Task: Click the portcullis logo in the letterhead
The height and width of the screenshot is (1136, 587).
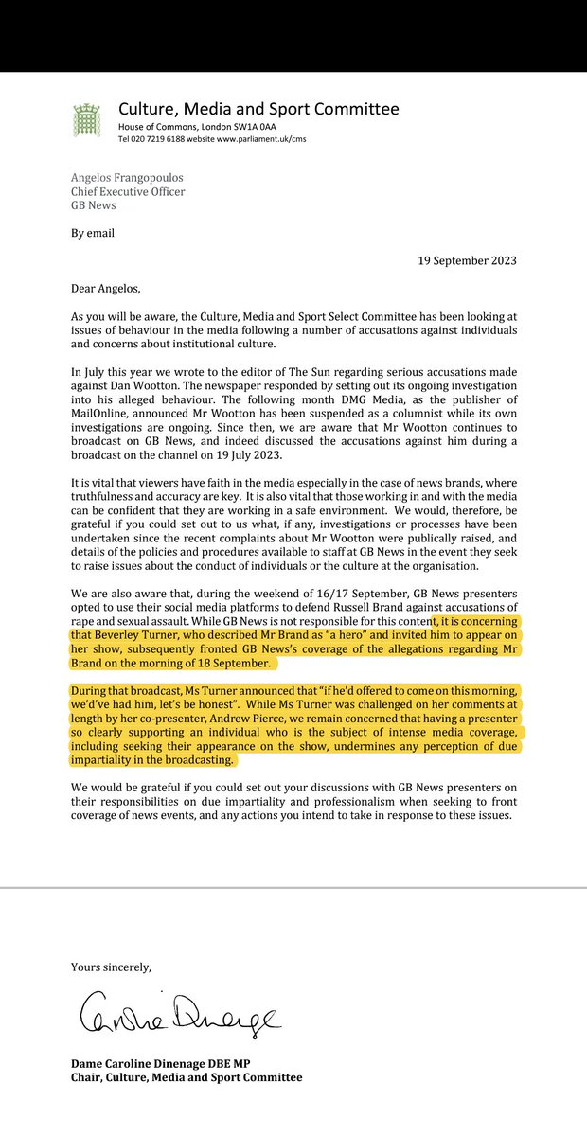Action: pos(88,120)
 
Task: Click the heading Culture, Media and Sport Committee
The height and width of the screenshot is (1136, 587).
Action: pos(258,109)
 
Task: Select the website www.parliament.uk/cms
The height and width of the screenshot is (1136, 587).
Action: pos(254,139)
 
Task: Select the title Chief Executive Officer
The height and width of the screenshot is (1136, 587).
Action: pos(128,192)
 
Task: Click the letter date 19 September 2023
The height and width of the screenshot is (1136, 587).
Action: pos(456,260)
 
